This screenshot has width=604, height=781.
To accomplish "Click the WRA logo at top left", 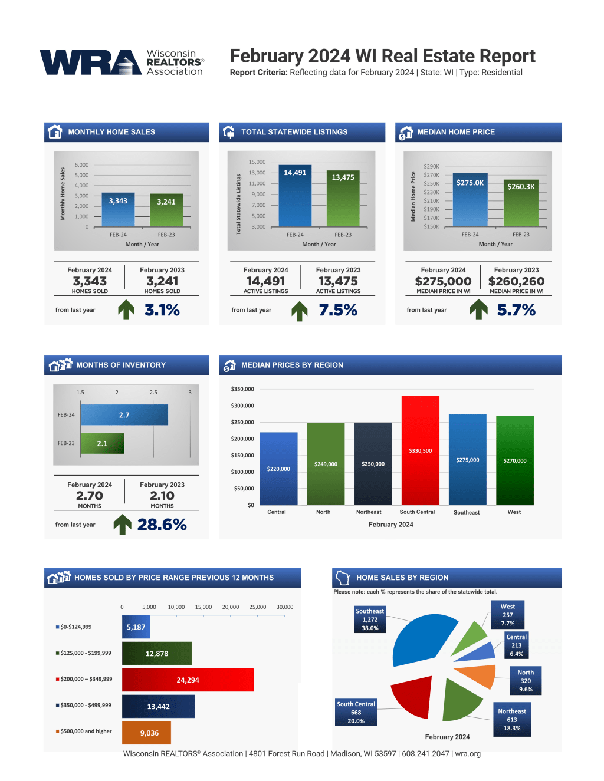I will (121, 62).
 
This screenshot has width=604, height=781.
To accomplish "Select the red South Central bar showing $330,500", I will (420, 450).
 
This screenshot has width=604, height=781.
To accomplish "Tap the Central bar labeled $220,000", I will (278, 469).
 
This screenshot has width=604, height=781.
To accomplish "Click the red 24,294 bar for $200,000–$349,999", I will (188, 680).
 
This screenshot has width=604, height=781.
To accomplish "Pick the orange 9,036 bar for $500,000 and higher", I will (146, 733).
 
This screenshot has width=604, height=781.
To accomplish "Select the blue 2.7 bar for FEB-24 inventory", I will (124, 415).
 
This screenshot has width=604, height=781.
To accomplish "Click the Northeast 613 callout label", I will (512, 720).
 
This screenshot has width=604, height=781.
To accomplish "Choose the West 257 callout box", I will (508, 615).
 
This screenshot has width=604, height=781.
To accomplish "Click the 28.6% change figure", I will (162, 525).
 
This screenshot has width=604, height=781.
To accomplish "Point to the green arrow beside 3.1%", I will (126, 309).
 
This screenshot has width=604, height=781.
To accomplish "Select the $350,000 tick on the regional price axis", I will (242, 389).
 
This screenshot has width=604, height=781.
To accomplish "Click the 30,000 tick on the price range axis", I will (284, 607).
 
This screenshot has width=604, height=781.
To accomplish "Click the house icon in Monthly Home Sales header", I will (55, 132).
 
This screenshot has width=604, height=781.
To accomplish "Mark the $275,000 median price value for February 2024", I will (443, 281).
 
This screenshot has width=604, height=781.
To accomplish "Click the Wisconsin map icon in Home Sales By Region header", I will (343, 577).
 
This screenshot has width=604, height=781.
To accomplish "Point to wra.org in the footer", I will (468, 754).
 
